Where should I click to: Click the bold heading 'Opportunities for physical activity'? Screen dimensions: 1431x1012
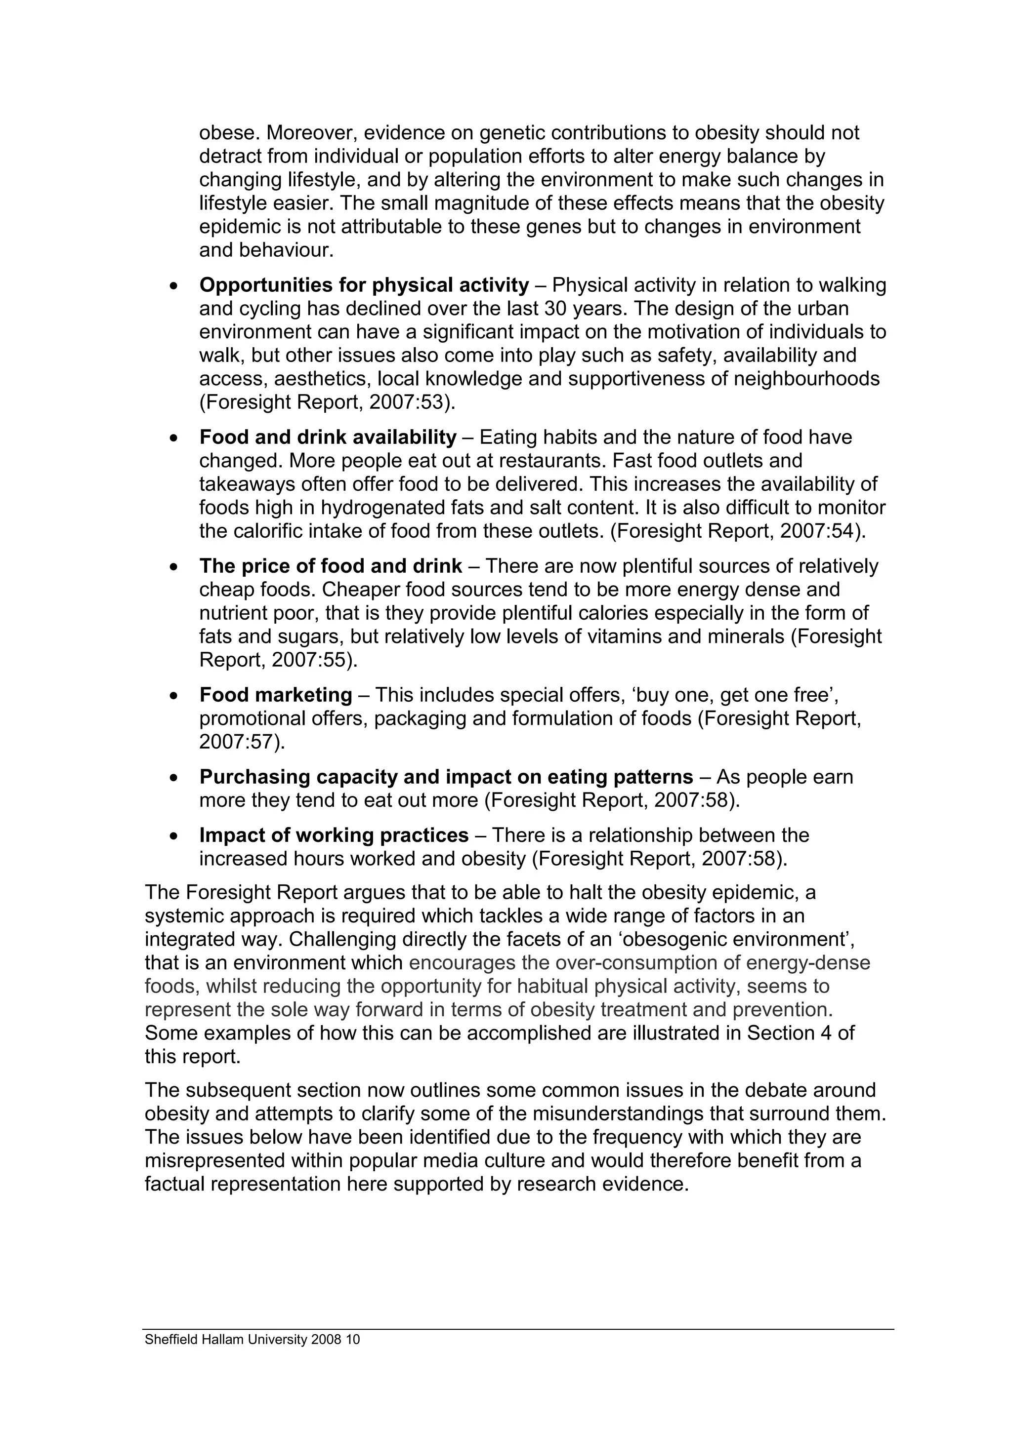point(364,285)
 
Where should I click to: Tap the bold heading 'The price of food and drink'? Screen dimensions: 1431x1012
point(331,566)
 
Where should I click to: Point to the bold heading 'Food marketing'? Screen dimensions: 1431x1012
point(276,694)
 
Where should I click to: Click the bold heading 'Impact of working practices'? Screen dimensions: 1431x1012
point(334,835)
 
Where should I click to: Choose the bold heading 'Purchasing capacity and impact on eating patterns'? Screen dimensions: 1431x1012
point(446,777)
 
